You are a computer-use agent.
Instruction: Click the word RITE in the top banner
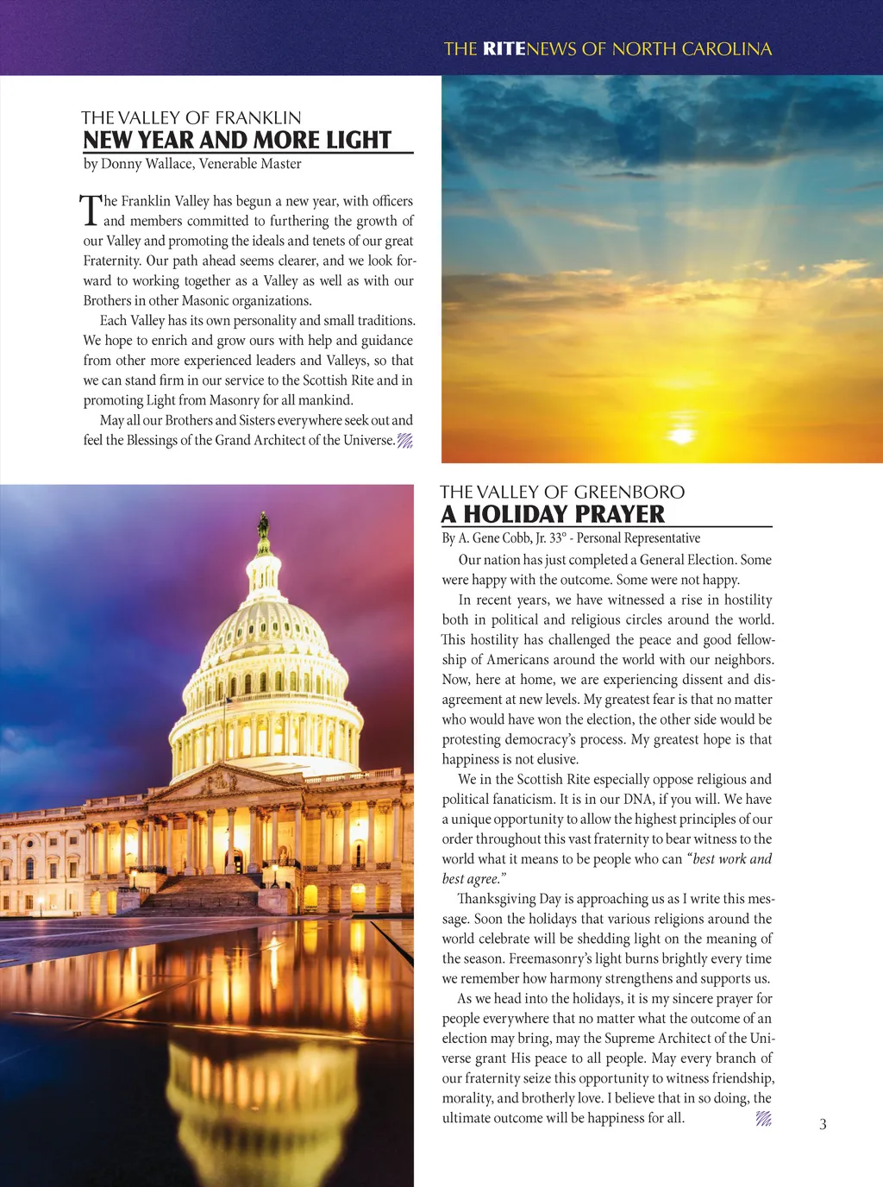pos(504,49)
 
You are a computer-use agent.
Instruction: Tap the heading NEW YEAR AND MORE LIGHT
pos(237,140)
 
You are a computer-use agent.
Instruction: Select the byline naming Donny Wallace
pos(192,164)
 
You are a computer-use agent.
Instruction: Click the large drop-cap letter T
pos(91,210)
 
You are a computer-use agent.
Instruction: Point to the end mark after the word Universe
pos(404,441)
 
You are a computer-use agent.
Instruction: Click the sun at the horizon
pos(681,435)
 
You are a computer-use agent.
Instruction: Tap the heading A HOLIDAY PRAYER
pos(553,514)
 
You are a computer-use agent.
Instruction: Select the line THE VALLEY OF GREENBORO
pos(562,492)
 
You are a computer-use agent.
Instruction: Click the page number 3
pos(823,1124)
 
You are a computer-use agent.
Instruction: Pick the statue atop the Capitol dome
pos(263,524)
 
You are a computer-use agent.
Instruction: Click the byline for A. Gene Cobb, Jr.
pos(571,538)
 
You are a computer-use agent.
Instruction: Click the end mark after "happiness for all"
pos(763,1119)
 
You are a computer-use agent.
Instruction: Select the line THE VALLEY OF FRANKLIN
pos(191,117)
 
